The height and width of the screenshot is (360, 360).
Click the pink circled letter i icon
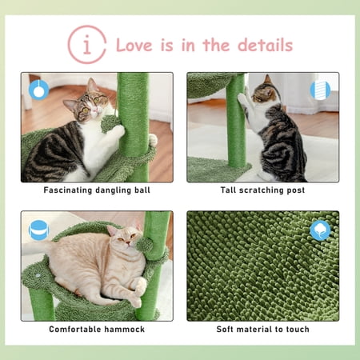87,45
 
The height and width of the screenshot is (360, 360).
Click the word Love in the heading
134,45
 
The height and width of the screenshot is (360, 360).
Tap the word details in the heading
265,45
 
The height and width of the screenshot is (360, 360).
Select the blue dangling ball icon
38,90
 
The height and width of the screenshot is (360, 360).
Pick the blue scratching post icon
320,90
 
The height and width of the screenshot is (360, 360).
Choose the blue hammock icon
38,230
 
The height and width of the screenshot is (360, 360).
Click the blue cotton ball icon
320,230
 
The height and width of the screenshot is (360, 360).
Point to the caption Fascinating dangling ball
97,190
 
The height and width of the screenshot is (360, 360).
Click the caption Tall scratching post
262,190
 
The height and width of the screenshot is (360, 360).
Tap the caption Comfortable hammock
97,330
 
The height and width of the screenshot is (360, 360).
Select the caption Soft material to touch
262,330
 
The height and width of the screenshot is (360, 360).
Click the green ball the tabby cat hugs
110,123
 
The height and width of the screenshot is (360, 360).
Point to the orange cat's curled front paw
139,285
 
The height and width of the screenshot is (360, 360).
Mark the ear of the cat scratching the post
267,79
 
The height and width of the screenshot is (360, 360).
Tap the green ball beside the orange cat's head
145,245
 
